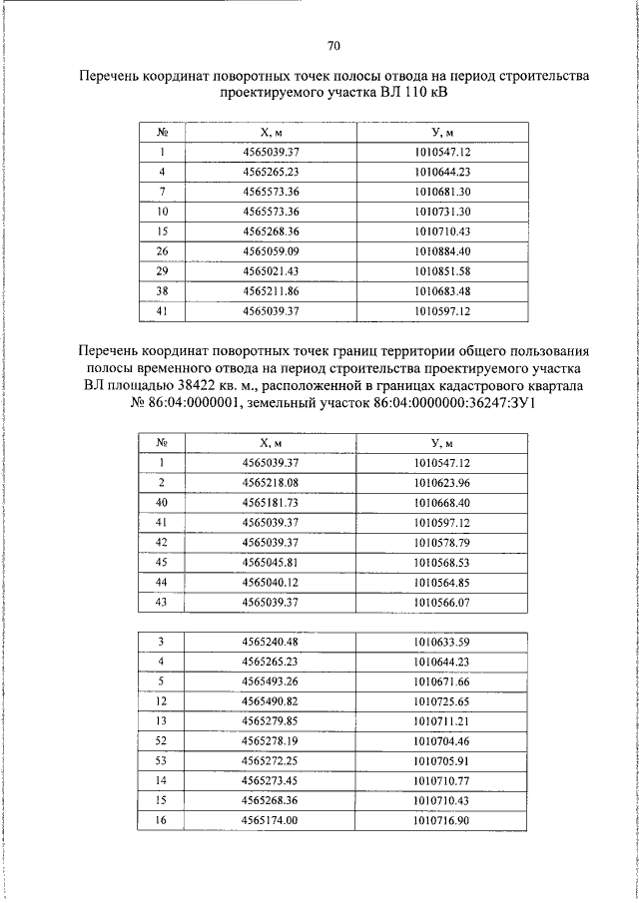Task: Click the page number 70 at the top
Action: pyautogui.click(x=333, y=46)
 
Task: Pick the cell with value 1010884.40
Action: pyautogui.click(x=442, y=249)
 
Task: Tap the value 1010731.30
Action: pyautogui.click(x=442, y=212)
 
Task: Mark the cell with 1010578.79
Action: pyautogui.click(x=442, y=542)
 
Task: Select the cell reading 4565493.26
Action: pyautogui.click(x=272, y=680)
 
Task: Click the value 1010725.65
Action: pyautogui.click(x=442, y=700)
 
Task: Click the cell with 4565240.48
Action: pyautogui.click(x=272, y=642)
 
